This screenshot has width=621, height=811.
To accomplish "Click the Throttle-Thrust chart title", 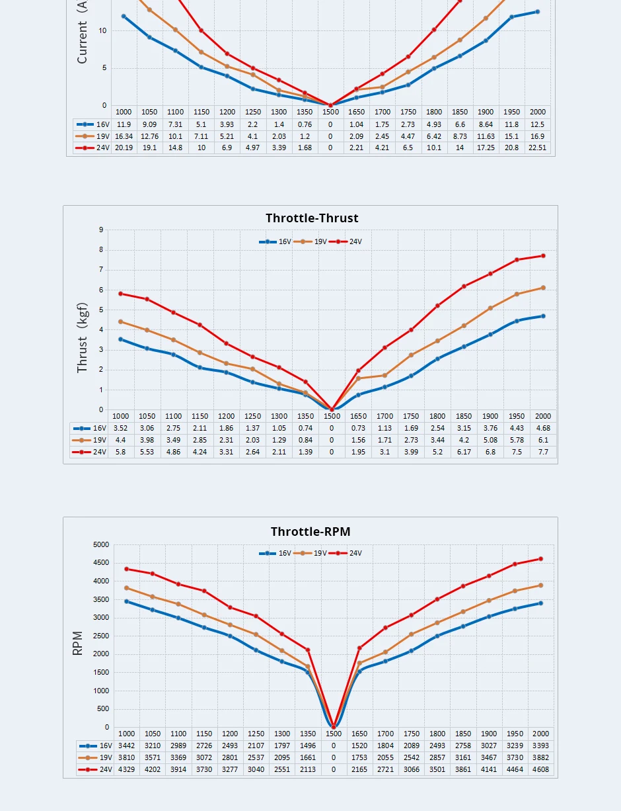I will click(x=312, y=218).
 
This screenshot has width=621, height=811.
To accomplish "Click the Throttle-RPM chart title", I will click(x=310, y=532).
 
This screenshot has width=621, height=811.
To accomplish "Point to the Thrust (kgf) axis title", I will click(x=83, y=338).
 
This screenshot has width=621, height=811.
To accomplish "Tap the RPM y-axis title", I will click(x=78, y=643).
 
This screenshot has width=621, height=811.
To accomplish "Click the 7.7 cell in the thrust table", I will click(x=543, y=452).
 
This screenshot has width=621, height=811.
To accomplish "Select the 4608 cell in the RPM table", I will click(x=541, y=770).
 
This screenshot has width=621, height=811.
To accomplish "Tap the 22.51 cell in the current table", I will click(x=537, y=148).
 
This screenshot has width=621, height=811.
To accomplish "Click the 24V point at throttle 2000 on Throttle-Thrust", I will click(x=543, y=256).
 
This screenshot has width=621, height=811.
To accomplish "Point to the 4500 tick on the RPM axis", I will click(x=101, y=563).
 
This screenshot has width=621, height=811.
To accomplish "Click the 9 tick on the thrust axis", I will click(x=101, y=230).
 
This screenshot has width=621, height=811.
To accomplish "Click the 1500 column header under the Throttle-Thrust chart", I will click(x=332, y=417).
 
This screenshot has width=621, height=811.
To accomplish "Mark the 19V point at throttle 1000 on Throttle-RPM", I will click(x=126, y=587).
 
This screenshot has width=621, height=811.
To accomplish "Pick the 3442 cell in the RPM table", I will click(x=126, y=746).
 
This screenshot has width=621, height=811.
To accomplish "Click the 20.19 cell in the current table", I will click(x=124, y=148).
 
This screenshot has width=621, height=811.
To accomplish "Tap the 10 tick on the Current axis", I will click(x=102, y=30).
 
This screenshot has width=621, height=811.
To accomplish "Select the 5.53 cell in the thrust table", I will click(x=147, y=452).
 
